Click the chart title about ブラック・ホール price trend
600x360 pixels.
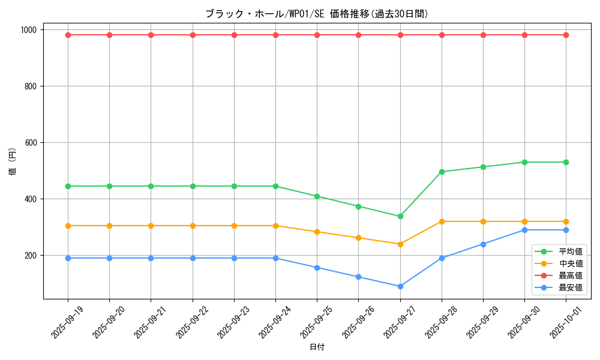317,14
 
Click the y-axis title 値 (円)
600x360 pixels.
13,162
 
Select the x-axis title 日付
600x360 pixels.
317,347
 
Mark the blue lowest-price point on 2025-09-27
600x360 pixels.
400,286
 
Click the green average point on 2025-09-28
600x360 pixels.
442,172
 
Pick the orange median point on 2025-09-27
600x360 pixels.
400,244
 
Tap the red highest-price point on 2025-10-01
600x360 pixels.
566,35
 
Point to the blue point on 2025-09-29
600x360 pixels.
483,244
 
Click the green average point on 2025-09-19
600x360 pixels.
68,186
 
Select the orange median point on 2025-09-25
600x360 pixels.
317,232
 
